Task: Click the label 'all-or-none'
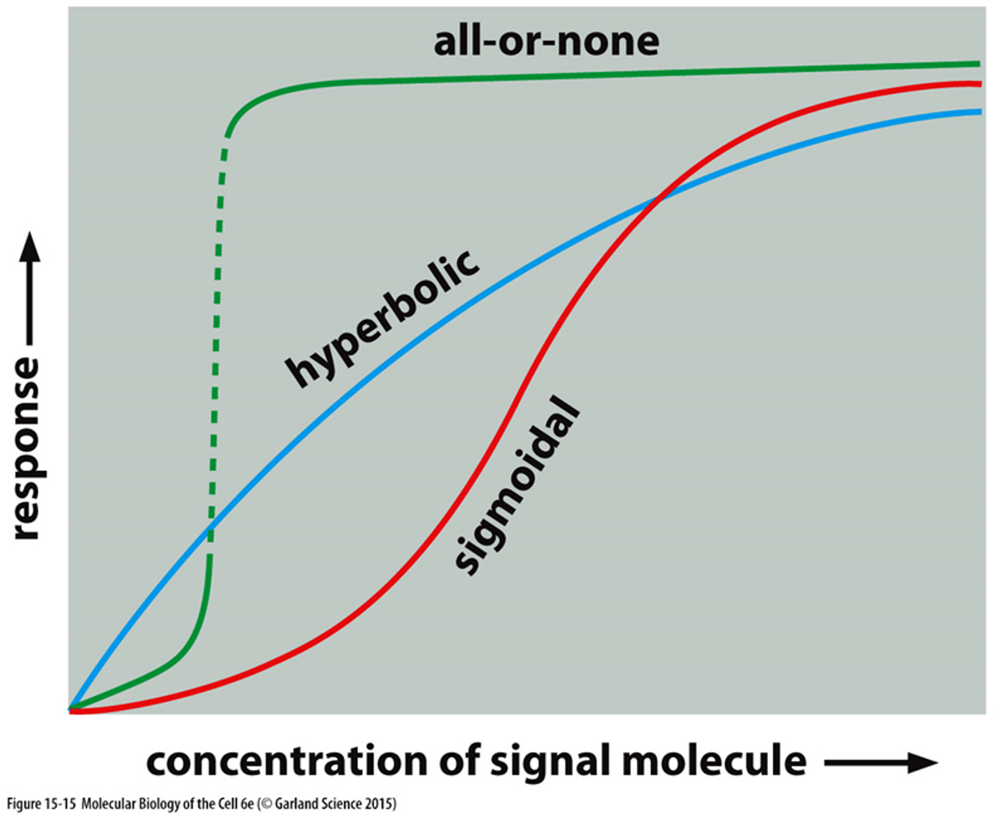[546, 40]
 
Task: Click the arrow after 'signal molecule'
[881, 763]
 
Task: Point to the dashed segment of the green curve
[217, 311]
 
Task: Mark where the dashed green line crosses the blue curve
[209, 530]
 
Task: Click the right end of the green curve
[978, 64]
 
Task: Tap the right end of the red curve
[978, 83]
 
